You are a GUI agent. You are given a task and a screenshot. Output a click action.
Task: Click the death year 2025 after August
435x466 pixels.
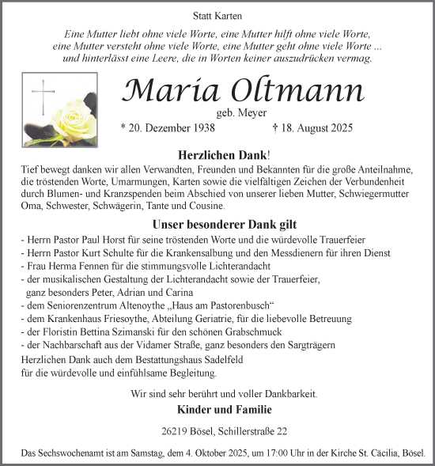point(335,128)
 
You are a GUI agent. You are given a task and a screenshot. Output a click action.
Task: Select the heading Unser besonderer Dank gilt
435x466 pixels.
point(217,224)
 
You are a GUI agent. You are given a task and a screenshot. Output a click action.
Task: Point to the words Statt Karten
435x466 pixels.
point(217,16)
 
